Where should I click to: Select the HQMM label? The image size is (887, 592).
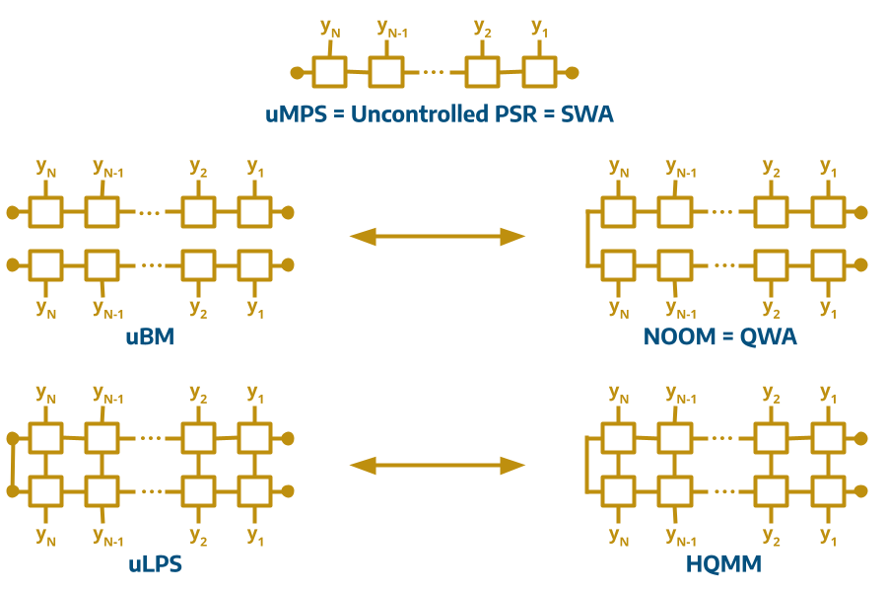point(722,564)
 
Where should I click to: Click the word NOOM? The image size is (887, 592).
point(676,337)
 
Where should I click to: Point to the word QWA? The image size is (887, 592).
point(771,337)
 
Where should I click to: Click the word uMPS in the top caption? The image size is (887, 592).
point(296,114)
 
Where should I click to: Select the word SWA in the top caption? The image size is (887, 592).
point(586,114)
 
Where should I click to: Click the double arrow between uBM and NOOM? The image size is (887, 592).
point(438,236)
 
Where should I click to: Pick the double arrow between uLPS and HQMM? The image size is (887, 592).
point(438,465)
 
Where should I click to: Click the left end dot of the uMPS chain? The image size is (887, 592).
point(297,72)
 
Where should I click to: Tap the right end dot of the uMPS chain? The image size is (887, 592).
point(572,72)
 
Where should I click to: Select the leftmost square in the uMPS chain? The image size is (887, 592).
point(328,72)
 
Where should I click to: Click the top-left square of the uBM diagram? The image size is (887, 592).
point(44,212)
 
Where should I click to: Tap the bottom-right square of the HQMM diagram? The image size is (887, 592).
point(828,490)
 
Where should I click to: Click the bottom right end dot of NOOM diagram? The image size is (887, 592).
point(860,264)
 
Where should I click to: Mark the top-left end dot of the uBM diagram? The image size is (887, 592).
point(13,212)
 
